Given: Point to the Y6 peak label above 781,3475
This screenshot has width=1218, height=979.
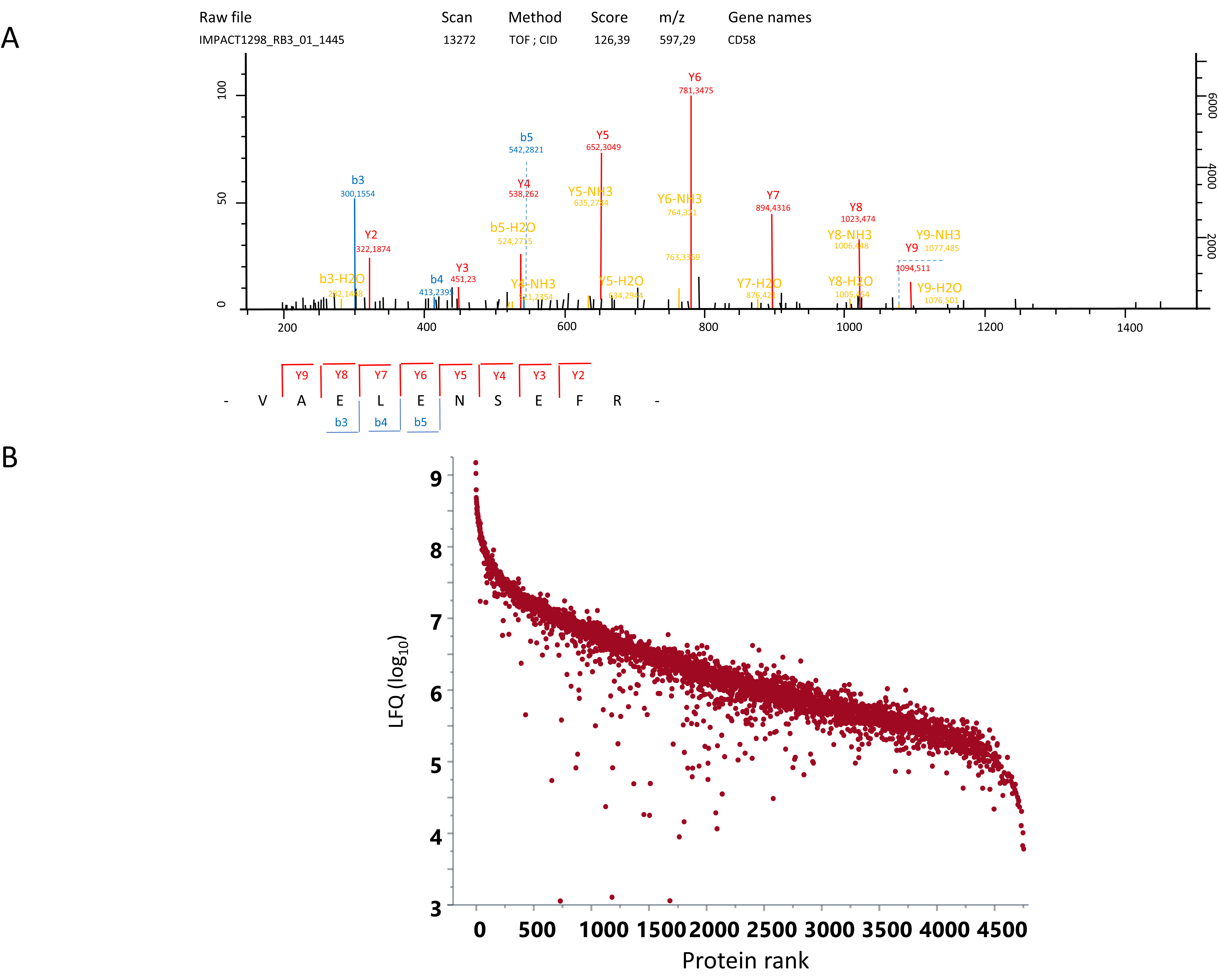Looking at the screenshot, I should [x=694, y=77].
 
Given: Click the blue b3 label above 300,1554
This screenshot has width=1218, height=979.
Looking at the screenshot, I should [x=358, y=180].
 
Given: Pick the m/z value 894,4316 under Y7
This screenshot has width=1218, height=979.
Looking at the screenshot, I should [x=773, y=208].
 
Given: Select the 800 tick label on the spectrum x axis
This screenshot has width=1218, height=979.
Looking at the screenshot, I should [x=708, y=327].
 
